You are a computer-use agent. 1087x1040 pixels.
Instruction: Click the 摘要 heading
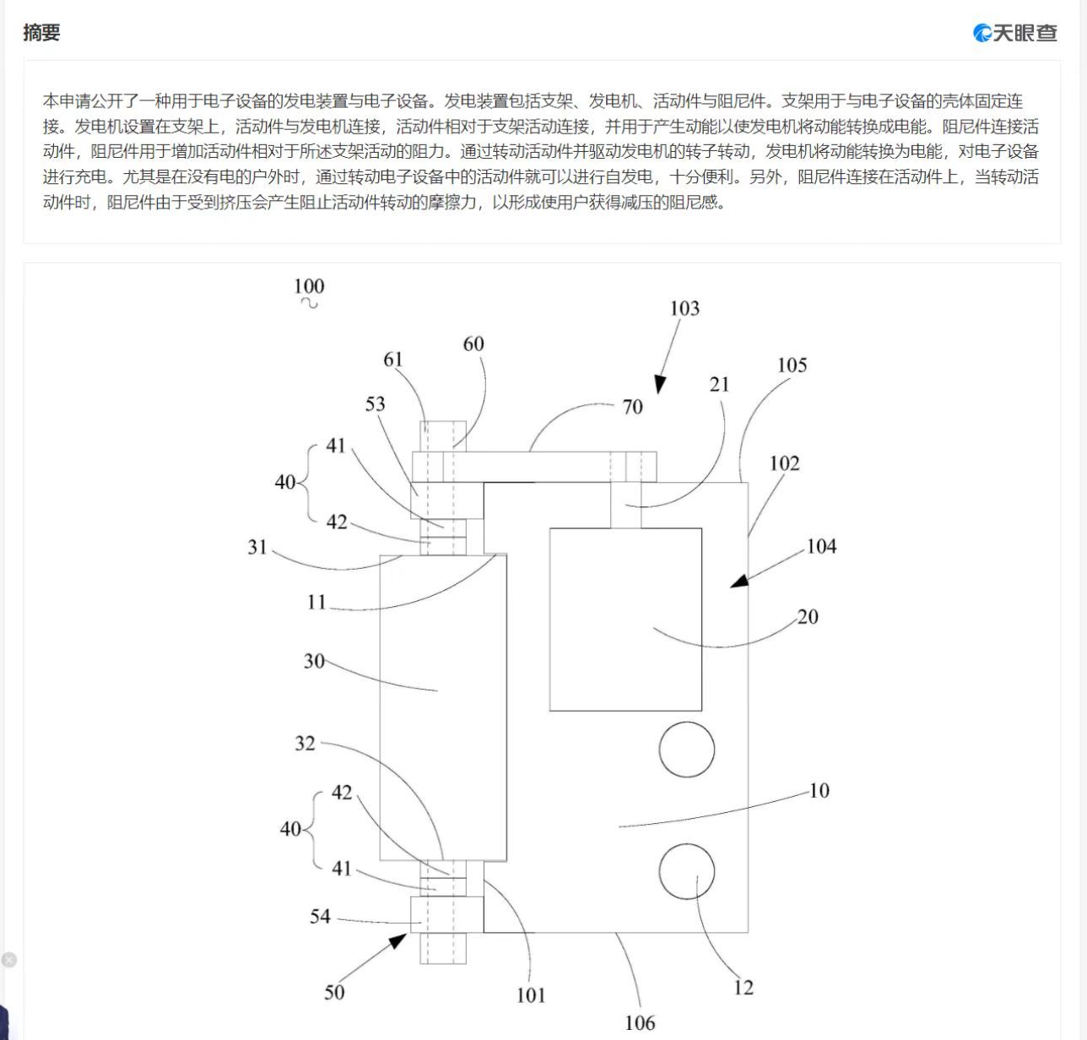point(41,33)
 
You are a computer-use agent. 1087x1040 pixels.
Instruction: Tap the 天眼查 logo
point(1014,33)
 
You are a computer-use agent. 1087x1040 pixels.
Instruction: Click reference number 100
point(309,286)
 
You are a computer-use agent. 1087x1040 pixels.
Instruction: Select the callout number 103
point(684,308)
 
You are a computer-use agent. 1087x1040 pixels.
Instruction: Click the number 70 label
point(632,407)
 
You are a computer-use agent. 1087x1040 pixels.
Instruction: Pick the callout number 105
point(792,365)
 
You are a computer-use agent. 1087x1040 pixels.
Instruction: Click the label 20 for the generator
point(808,616)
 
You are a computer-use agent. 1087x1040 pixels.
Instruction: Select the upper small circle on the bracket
point(687,749)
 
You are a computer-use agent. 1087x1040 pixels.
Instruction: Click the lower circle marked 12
point(687,871)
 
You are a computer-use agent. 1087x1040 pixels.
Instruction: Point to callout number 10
point(819,790)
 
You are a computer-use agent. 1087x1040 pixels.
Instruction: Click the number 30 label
point(314,661)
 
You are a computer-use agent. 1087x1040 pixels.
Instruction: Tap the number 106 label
point(640,1023)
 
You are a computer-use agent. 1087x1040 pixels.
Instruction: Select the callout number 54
point(320,916)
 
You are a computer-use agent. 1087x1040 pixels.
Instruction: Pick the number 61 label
point(393,360)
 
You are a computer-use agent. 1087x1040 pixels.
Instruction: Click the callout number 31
point(257,547)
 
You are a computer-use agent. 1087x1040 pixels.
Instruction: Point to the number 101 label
point(531,995)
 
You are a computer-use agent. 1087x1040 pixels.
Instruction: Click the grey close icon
point(8,960)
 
